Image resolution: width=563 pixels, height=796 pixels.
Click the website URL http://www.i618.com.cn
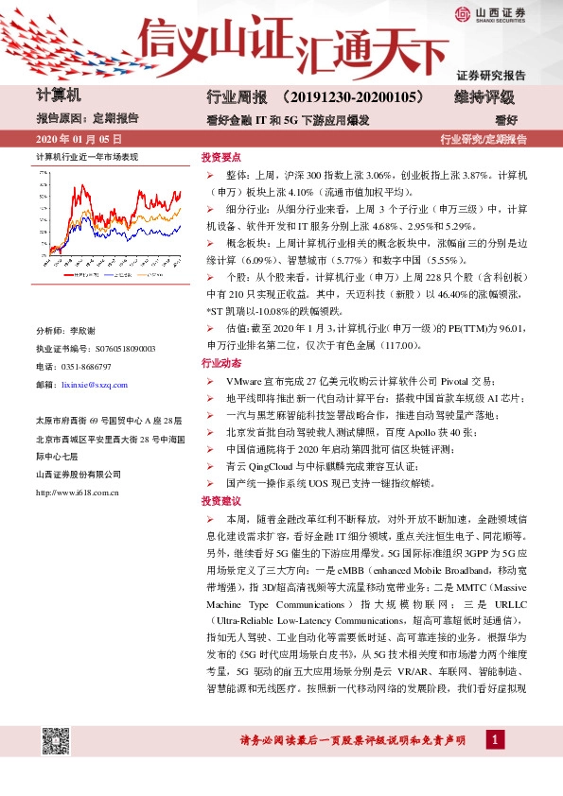tap(77, 492)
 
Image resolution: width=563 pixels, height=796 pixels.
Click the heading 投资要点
tap(220, 160)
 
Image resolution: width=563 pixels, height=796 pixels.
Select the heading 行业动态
tap(220, 363)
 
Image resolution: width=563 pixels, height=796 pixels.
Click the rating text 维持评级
tap(484, 96)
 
